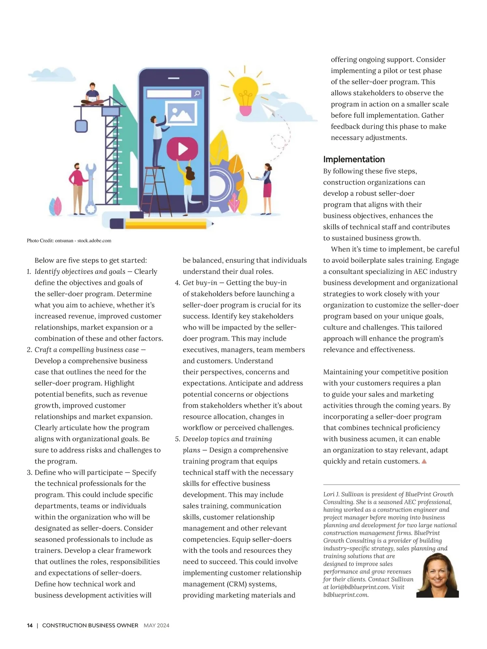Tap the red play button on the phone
click(x=182, y=149)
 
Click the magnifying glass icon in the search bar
click(x=197, y=94)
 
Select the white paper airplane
click(x=269, y=109)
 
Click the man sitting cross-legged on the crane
click(x=93, y=94)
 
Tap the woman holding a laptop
click(x=265, y=188)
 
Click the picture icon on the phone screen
click(x=181, y=112)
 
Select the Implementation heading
click(x=354, y=159)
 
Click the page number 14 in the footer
click(x=30, y=625)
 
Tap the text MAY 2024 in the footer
click(x=156, y=625)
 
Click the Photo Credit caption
click(x=69, y=241)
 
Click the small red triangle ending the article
click(x=424, y=461)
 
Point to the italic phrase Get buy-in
click(x=200, y=283)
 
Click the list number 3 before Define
click(x=29, y=473)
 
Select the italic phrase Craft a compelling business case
click(x=86, y=350)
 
